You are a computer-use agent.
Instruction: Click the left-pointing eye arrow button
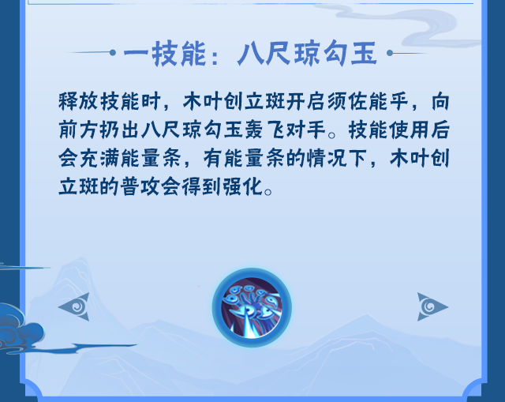(x=75, y=306)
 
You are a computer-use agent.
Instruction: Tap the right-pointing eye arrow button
(x=432, y=306)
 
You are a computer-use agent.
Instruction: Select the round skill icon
(x=252, y=307)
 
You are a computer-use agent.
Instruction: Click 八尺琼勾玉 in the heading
(x=307, y=54)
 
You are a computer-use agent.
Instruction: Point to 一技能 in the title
(x=165, y=54)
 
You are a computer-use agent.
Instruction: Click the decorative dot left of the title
(x=112, y=52)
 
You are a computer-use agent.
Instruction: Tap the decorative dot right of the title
(x=390, y=53)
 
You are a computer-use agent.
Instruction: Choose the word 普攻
(x=140, y=186)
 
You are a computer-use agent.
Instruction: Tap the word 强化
(x=244, y=186)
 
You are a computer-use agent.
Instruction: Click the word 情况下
(x=337, y=158)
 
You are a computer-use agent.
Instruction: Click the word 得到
(x=202, y=186)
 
